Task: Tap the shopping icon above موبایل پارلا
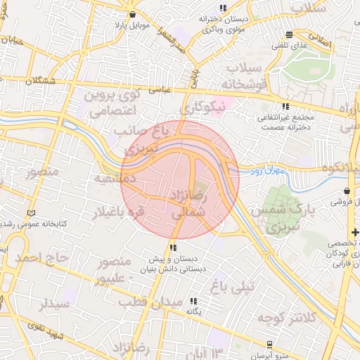[131, 14]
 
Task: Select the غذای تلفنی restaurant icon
[290, 35]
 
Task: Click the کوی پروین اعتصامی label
[113, 101]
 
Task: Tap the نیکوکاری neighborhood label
[204, 108]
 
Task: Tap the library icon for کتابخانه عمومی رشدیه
[30, 212]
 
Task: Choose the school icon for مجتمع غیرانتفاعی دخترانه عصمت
[285, 106]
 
